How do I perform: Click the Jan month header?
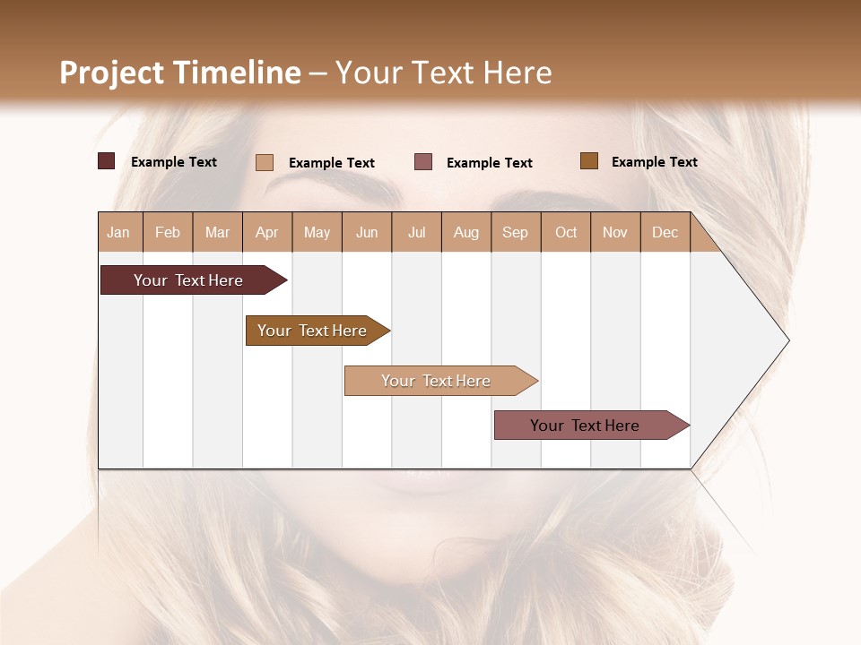[118, 233]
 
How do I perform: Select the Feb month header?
[168, 233]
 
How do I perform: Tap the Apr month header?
[266, 233]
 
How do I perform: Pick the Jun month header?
[367, 233]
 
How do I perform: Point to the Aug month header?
[466, 233]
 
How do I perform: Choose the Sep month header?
[515, 233]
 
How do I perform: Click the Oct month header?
[566, 233]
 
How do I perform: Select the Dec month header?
[665, 233]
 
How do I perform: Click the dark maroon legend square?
[107, 161]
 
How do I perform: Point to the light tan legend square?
[265, 162]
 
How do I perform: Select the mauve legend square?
[423, 162]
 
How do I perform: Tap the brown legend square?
[588, 161]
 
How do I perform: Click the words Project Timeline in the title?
[179, 73]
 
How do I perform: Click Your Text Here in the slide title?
[443, 73]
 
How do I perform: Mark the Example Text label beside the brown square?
[654, 162]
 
